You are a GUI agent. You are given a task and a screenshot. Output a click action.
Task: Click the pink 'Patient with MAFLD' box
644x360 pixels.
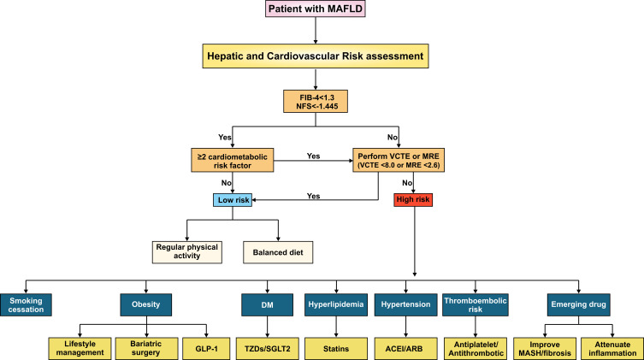tap(316, 9)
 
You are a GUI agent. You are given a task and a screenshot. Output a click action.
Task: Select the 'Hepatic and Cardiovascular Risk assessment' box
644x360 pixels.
tap(316, 56)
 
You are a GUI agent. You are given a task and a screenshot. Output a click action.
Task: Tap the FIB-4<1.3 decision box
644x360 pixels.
tap(316, 102)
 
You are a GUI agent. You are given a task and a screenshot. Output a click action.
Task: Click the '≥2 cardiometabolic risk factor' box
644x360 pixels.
tap(233, 161)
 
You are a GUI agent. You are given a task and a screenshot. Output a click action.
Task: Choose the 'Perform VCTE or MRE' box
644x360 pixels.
tap(399, 161)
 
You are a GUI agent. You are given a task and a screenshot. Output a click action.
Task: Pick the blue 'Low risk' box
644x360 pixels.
tap(233, 200)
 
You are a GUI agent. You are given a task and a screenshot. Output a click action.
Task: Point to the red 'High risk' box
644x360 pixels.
tap(413, 200)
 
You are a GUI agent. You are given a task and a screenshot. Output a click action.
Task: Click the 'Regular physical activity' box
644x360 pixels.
tap(187, 252)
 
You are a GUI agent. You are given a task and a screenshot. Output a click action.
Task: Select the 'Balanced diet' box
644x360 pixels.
tap(278, 252)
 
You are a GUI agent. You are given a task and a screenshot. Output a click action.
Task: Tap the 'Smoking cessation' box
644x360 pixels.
tap(26, 305)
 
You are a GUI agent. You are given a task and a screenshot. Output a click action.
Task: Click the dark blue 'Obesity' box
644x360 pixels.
tap(145, 305)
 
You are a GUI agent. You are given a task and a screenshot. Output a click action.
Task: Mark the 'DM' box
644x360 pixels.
tap(268, 305)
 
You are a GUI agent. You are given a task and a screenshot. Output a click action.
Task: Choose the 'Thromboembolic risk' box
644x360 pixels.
tap(476, 305)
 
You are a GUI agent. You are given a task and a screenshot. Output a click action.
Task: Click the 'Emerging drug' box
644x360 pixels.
tap(579, 305)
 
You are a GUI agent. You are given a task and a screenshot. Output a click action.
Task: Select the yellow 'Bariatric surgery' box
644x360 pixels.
tap(146, 349)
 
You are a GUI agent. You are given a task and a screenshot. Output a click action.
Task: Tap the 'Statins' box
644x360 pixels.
tap(336, 349)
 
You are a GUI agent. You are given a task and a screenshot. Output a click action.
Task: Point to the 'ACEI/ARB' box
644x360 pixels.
tap(405, 349)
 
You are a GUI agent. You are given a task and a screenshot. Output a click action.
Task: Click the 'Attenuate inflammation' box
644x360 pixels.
tap(612, 349)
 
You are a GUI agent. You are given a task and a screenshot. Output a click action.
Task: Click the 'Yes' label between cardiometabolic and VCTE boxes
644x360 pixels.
tap(313, 156)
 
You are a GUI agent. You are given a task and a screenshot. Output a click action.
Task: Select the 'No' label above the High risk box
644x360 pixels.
tap(407, 183)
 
